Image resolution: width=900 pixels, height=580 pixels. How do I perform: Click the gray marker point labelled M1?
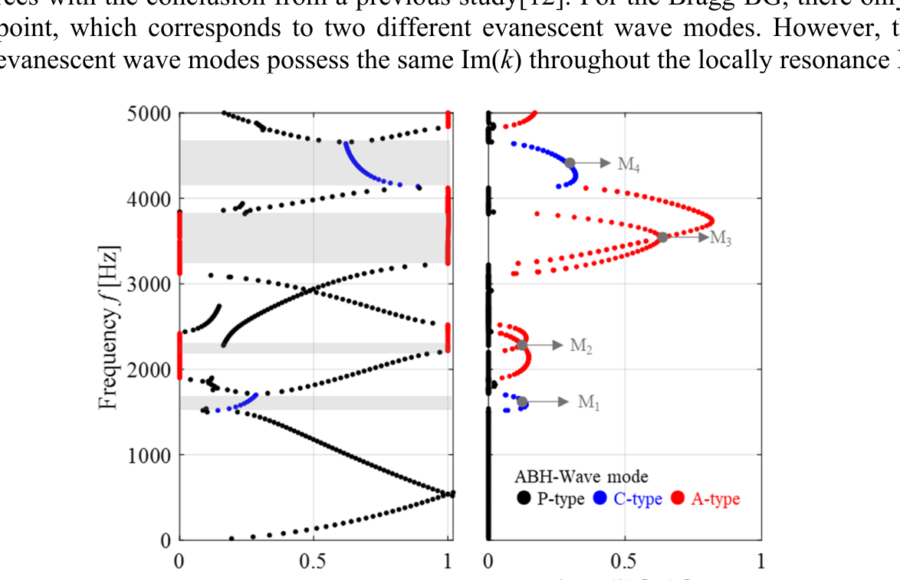(x=522, y=401)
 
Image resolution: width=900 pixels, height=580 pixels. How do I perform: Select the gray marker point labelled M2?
(x=523, y=345)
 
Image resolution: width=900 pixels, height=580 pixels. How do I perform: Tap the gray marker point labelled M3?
(x=663, y=237)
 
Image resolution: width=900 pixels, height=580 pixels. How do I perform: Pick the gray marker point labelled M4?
(x=570, y=162)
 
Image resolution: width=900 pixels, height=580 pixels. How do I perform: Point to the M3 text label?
(x=721, y=238)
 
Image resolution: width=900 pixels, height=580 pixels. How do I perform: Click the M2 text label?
(x=581, y=346)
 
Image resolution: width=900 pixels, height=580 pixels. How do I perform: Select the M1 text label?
(x=588, y=402)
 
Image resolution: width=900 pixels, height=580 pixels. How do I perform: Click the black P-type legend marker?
(x=524, y=499)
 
